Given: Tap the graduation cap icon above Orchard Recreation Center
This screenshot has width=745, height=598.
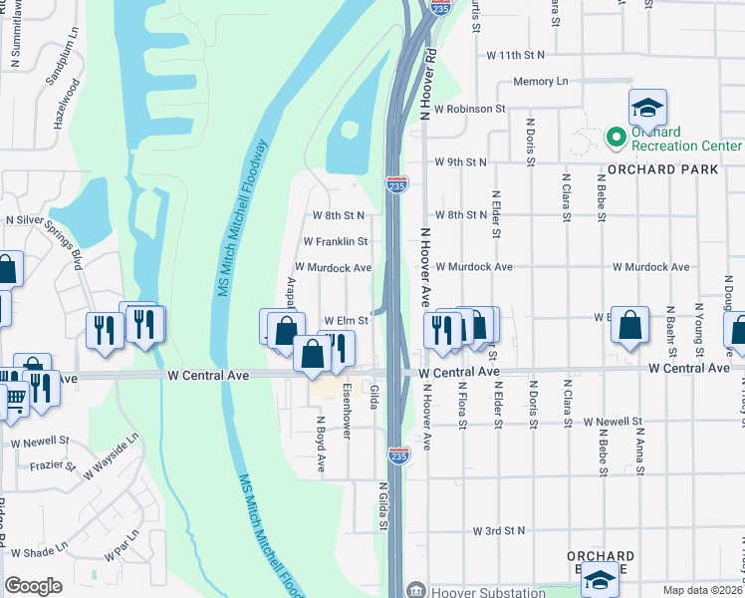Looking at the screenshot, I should pyautogui.click(x=647, y=107).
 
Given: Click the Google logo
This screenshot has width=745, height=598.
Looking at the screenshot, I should pyautogui.click(x=33, y=585).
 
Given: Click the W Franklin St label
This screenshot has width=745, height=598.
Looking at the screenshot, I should pyautogui.click(x=336, y=241).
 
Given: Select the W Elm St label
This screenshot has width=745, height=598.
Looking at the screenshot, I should pyautogui.click(x=346, y=320).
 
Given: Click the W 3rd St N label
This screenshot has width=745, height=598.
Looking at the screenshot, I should pyautogui.click(x=498, y=531).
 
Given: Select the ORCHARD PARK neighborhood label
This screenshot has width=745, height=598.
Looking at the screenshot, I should pyautogui.click(x=675, y=169).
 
